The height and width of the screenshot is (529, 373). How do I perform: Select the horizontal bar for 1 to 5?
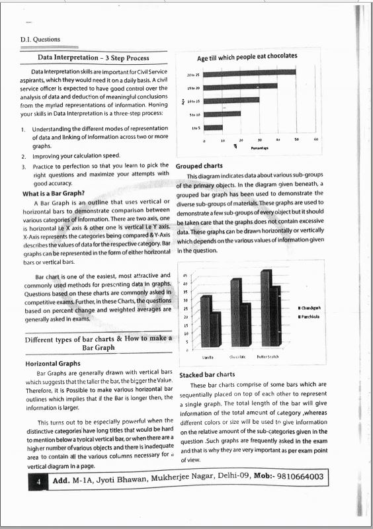(x=213, y=128)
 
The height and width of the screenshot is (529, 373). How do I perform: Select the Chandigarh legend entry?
(x=313, y=308)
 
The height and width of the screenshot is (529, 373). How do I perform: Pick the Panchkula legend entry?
(x=312, y=317)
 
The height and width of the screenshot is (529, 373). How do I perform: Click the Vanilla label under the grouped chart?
(x=208, y=356)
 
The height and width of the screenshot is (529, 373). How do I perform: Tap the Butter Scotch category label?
(x=268, y=356)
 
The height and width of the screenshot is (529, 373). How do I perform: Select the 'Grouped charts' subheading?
(x=199, y=166)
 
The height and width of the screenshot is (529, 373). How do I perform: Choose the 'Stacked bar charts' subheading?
(x=207, y=374)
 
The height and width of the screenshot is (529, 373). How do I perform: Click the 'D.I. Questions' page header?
(x=40, y=39)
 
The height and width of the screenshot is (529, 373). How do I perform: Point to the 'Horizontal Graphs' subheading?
(x=53, y=364)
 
